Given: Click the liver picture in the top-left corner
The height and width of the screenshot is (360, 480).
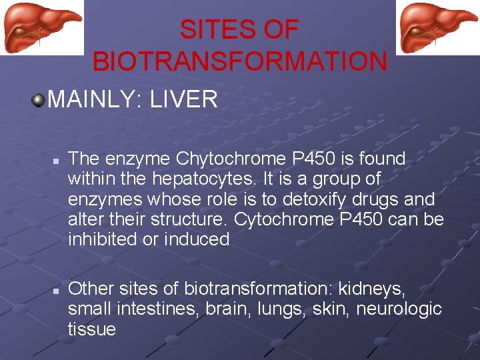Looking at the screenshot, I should coord(41,27).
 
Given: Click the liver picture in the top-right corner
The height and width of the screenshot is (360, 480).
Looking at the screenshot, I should coord(437,27).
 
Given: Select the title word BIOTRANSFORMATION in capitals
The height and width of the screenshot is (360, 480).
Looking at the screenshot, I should coord(239,61).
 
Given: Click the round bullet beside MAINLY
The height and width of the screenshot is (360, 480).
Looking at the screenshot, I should coord(39,100).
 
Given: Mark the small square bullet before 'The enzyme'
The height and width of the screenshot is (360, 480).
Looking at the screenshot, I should coord(57,161).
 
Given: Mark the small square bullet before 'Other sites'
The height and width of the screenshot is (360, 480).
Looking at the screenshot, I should coord(57,291).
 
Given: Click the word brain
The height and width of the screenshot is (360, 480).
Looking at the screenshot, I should coord(225,309).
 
